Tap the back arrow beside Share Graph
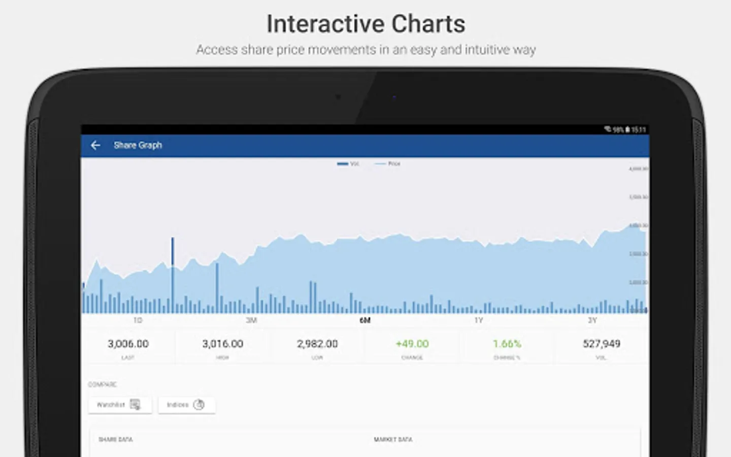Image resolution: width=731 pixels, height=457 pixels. pos(95,145)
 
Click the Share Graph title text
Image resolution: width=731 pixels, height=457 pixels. pos(138,145)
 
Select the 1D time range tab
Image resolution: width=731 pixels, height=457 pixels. pos(138,320)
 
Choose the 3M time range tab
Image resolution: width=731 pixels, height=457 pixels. pos(251,320)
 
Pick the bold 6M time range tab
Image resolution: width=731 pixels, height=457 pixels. pos(365,320)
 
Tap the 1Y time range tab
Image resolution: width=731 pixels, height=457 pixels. pos(479,320)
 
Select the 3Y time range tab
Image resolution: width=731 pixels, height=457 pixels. pos(592,320)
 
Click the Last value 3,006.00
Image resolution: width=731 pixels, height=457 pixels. pos(128,344)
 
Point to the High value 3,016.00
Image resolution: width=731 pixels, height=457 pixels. pos(223,344)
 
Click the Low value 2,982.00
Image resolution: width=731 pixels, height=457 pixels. pos(317,344)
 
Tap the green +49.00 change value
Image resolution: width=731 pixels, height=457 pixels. pos(412,344)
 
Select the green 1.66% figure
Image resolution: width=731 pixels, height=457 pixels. pos(507,344)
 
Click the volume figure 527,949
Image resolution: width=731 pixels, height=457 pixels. pos(602,344)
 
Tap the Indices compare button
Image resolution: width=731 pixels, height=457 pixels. pos(186,405)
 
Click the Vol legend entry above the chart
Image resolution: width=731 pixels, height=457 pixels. pos(348,164)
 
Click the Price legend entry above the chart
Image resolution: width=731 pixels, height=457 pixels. pos(388,164)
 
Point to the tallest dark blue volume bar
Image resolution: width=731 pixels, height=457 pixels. pos(173,274)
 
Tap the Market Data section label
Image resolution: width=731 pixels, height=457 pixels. pos(393,439)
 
